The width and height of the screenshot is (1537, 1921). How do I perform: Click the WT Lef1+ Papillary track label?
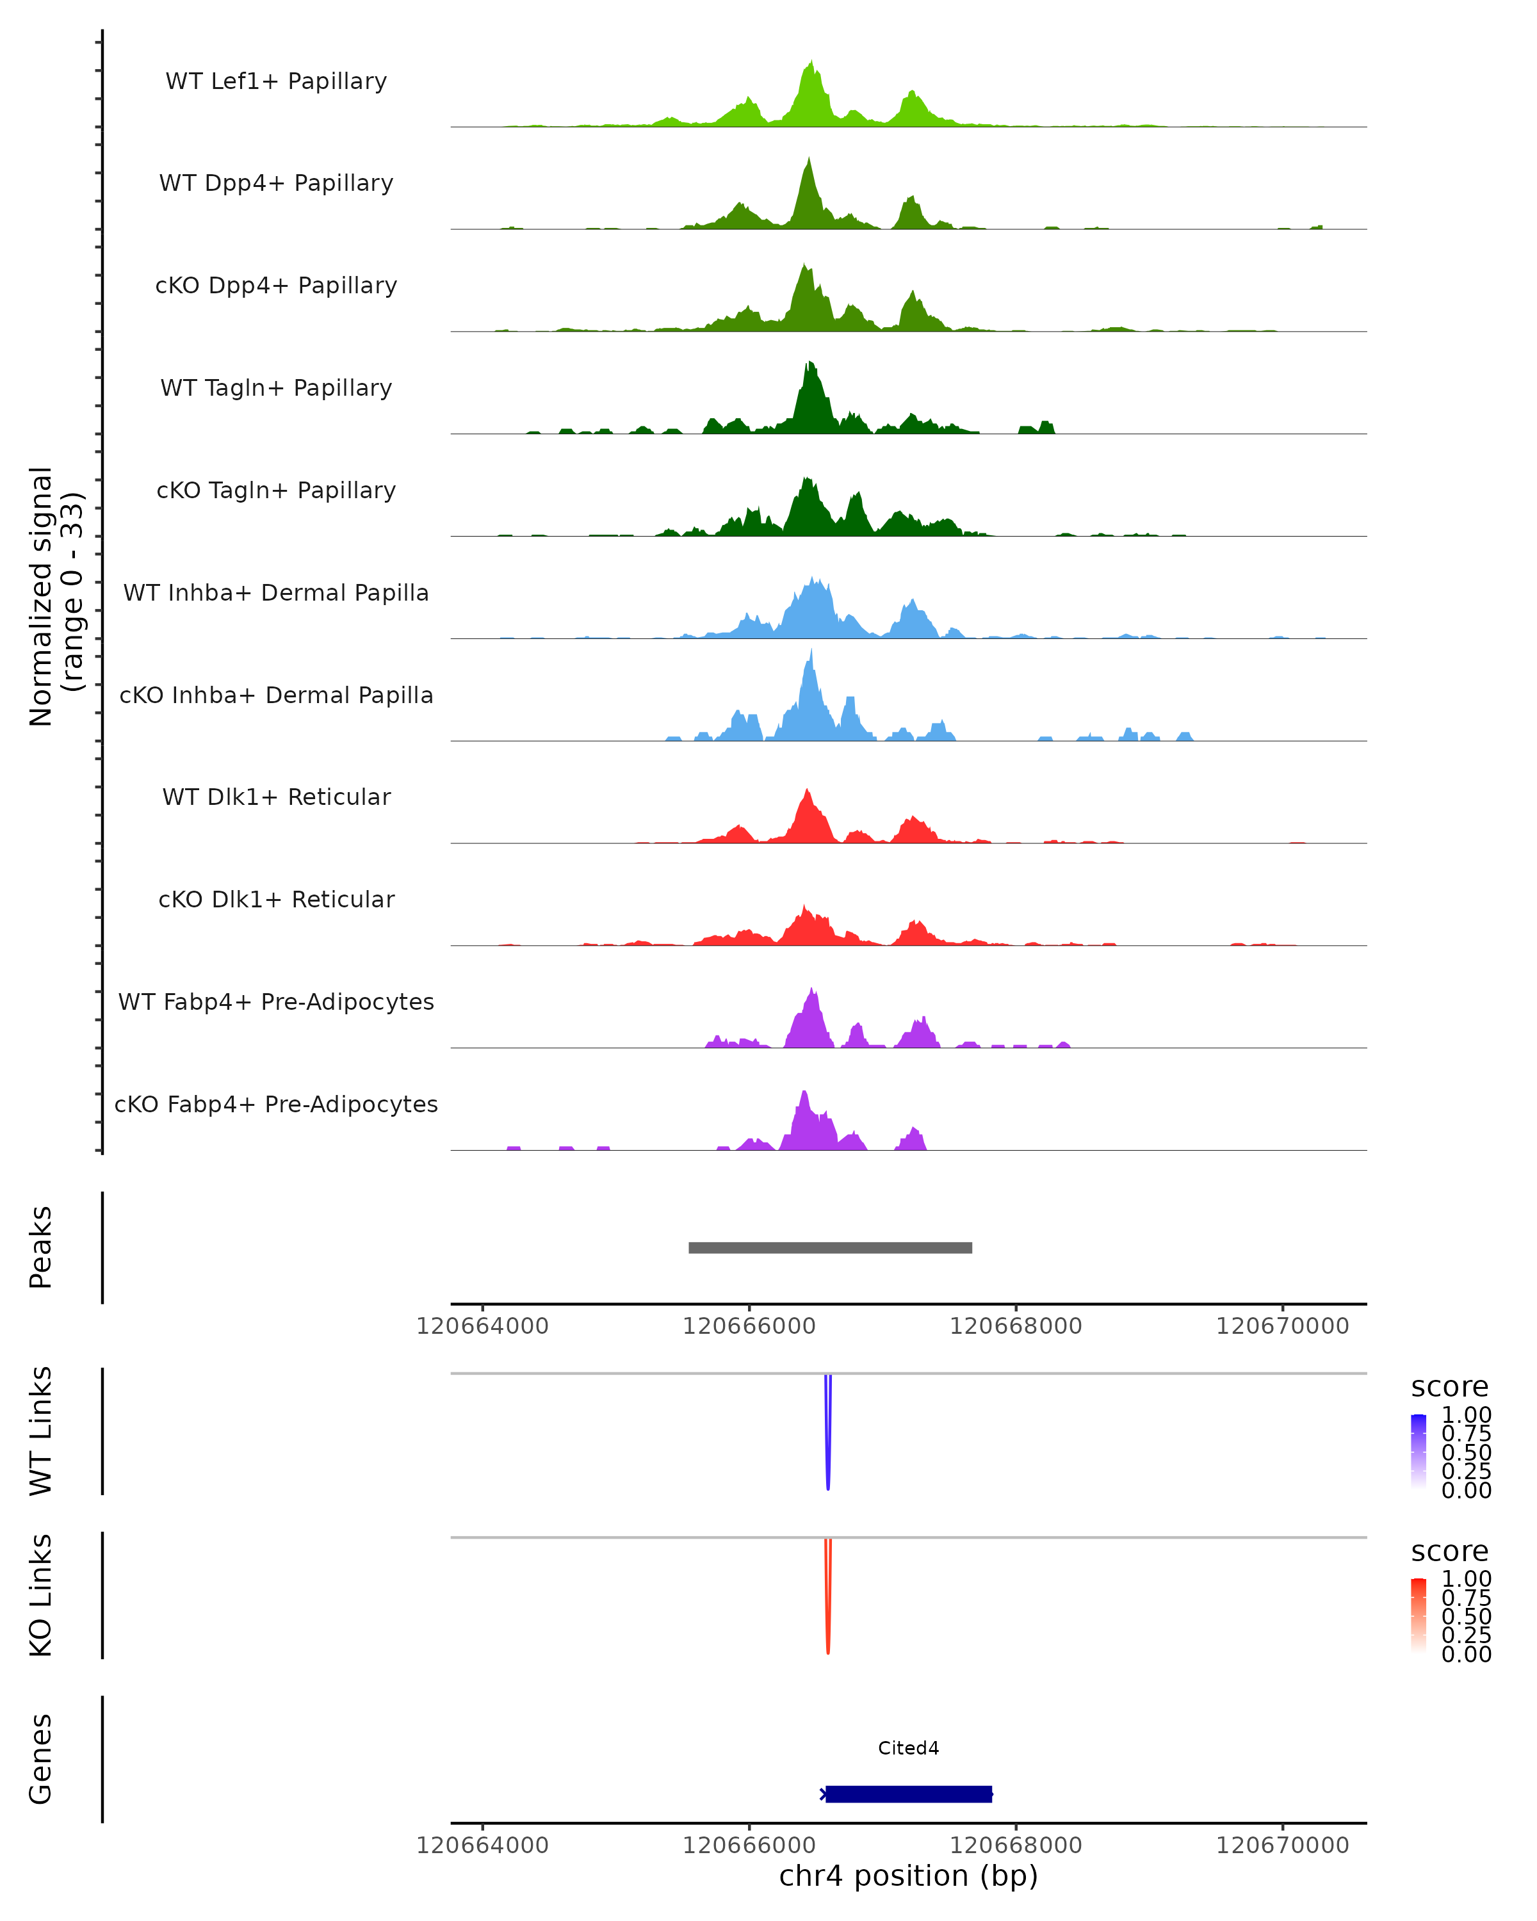pyautogui.click(x=276, y=81)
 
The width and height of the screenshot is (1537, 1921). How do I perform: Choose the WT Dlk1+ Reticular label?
pyautogui.click(x=276, y=797)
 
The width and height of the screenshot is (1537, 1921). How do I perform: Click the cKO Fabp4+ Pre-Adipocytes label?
pyautogui.click(x=276, y=1104)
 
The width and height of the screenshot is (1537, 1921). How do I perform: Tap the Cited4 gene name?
pyautogui.click(x=908, y=1748)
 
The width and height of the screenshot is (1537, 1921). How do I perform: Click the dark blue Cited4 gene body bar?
pyautogui.click(x=908, y=1794)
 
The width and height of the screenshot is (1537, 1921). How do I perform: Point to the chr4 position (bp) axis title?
pyautogui.click(x=908, y=1876)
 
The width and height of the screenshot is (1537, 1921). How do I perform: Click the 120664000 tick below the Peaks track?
pyautogui.click(x=482, y=1326)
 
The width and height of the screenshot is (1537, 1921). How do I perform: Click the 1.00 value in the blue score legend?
pyautogui.click(x=1466, y=1415)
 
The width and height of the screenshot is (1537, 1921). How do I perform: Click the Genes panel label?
pyautogui.click(x=41, y=1759)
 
